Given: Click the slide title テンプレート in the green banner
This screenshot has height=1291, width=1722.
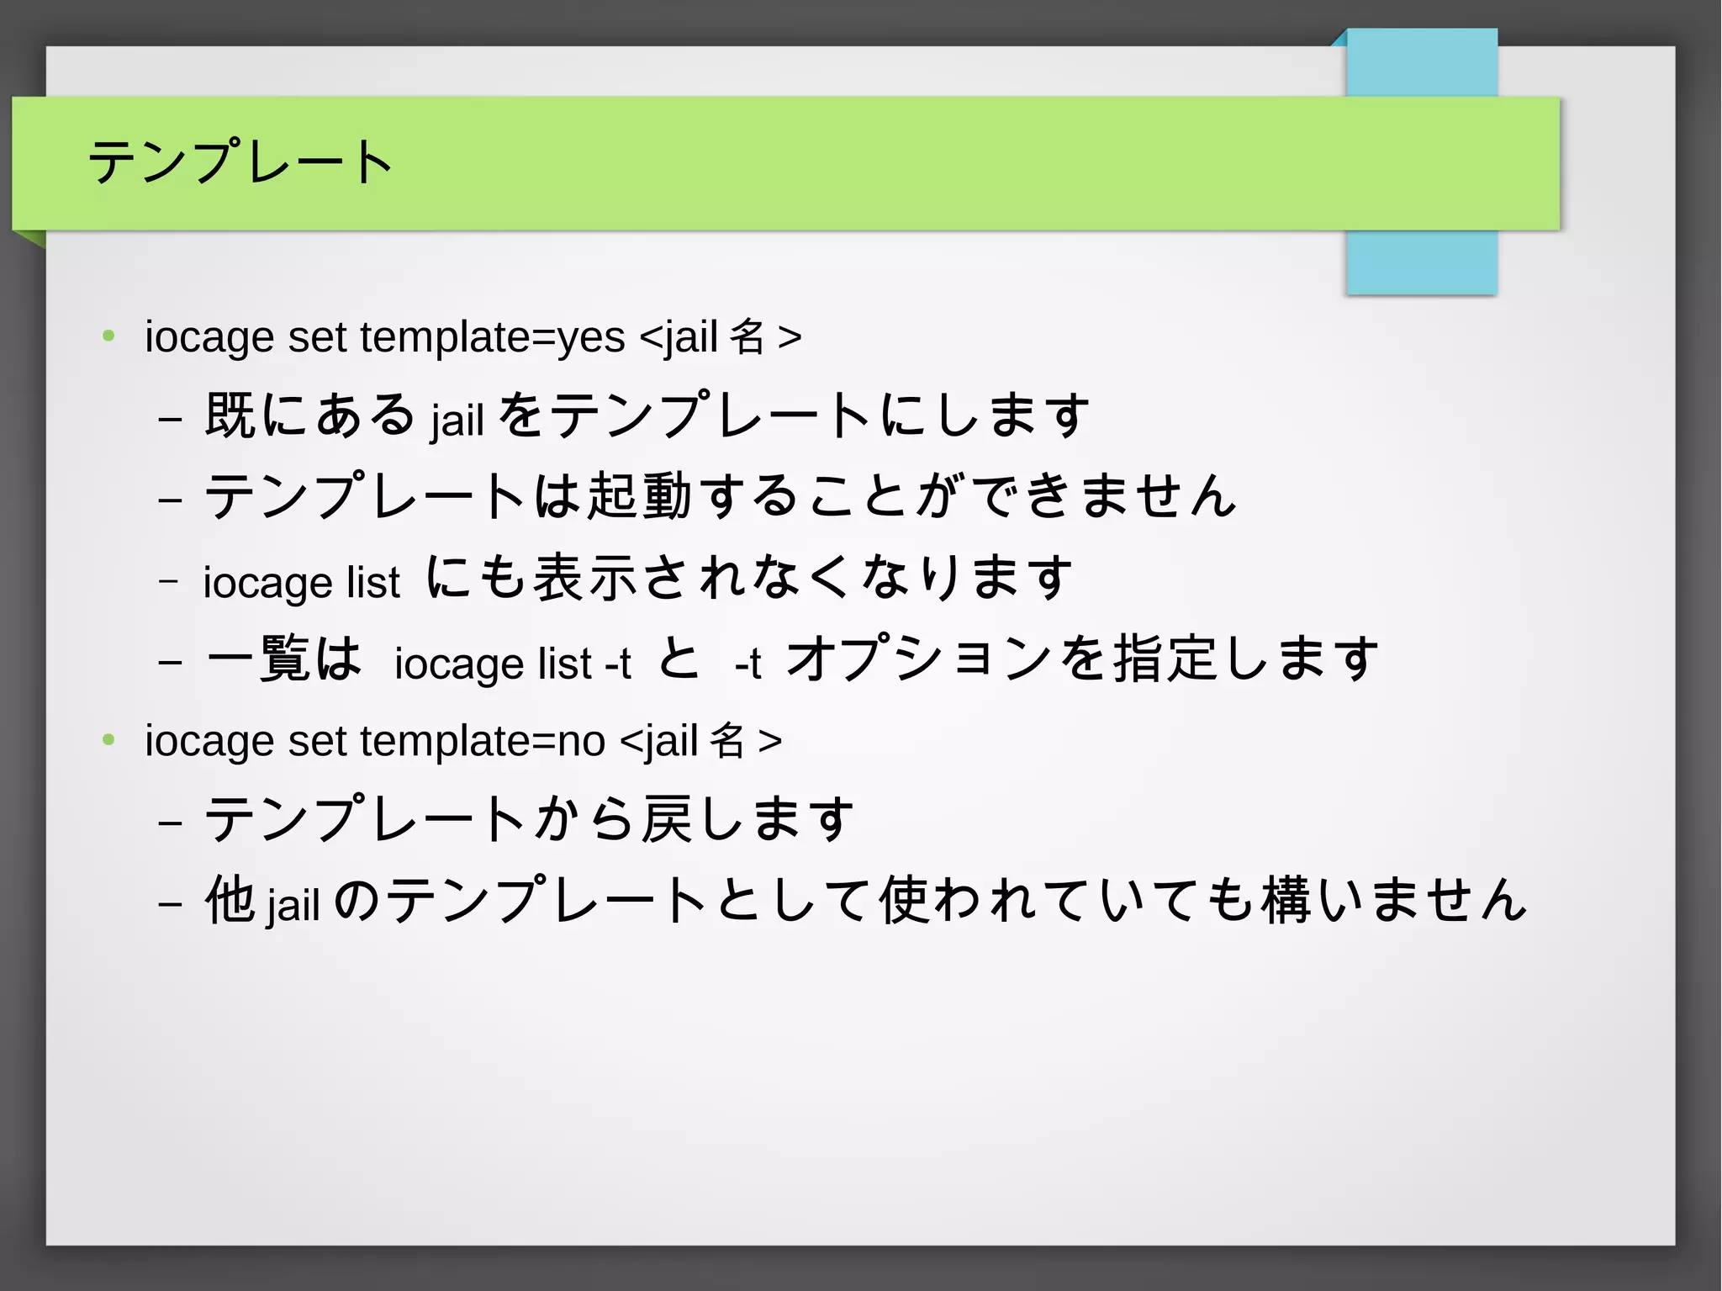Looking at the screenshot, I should (x=240, y=161).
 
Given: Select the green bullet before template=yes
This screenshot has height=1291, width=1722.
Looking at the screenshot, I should (x=108, y=336).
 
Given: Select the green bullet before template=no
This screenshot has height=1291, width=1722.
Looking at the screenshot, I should (x=108, y=740).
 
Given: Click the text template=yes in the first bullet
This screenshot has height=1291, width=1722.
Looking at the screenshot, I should (x=493, y=338).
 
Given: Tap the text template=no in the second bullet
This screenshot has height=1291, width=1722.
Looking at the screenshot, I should (x=483, y=742).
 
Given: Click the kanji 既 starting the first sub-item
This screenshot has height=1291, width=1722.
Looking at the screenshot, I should (x=230, y=415).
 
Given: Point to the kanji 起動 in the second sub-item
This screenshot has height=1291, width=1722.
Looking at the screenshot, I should (x=639, y=495).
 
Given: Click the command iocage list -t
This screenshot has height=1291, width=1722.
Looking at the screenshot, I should (x=512, y=664).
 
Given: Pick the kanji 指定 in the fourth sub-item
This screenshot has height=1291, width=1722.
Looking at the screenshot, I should (x=1165, y=659).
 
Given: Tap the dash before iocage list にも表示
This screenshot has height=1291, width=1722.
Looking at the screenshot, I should (x=169, y=580).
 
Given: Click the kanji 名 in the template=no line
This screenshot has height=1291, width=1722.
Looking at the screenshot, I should (x=727, y=741).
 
